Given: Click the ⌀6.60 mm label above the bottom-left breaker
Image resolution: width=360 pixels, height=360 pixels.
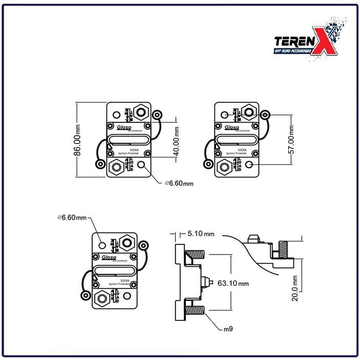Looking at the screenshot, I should pyautogui.click(x=73, y=218).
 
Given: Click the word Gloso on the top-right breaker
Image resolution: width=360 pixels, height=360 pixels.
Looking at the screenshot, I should pyautogui.click(x=232, y=127).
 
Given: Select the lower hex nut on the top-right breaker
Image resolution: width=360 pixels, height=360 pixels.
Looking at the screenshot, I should pyautogui.click(x=224, y=166).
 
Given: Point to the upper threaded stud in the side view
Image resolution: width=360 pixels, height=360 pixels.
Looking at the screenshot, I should pyautogui.click(x=196, y=255).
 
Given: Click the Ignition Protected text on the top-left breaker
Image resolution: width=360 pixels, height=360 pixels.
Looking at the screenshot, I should pyautogui.click(x=129, y=153).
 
